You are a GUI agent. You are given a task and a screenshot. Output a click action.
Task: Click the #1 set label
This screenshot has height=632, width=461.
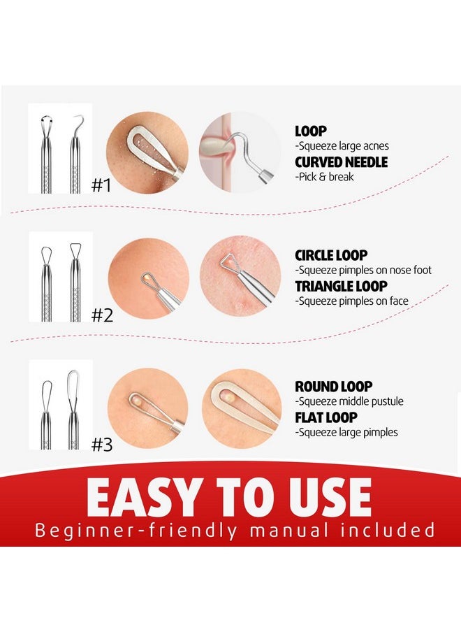pyautogui.click(x=102, y=185)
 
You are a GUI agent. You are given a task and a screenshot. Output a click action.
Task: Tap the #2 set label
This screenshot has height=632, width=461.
pyautogui.click(x=102, y=315)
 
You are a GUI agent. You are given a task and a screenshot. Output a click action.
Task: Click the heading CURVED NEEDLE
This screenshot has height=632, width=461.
pyautogui.click(x=342, y=162)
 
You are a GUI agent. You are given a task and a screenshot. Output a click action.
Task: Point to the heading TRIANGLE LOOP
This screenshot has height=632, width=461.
pyautogui.click(x=341, y=286)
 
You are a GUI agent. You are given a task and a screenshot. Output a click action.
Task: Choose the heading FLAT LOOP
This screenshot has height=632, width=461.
pyautogui.click(x=326, y=417)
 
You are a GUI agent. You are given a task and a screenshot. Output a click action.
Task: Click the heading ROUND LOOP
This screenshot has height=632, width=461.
pyautogui.click(x=334, y=387)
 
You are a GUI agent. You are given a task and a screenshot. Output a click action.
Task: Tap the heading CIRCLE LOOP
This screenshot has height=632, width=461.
pyautogui.click(x=331, y=255)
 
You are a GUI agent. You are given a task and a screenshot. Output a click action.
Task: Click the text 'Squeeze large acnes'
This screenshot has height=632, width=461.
pyautogui.click(x=342, y=146)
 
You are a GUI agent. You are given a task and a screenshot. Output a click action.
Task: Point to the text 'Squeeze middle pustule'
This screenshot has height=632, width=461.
pyautogui.click(x=349, y=401)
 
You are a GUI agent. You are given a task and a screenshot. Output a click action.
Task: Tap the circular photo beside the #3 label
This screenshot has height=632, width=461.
pyautogui.click(x=147, y=409)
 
